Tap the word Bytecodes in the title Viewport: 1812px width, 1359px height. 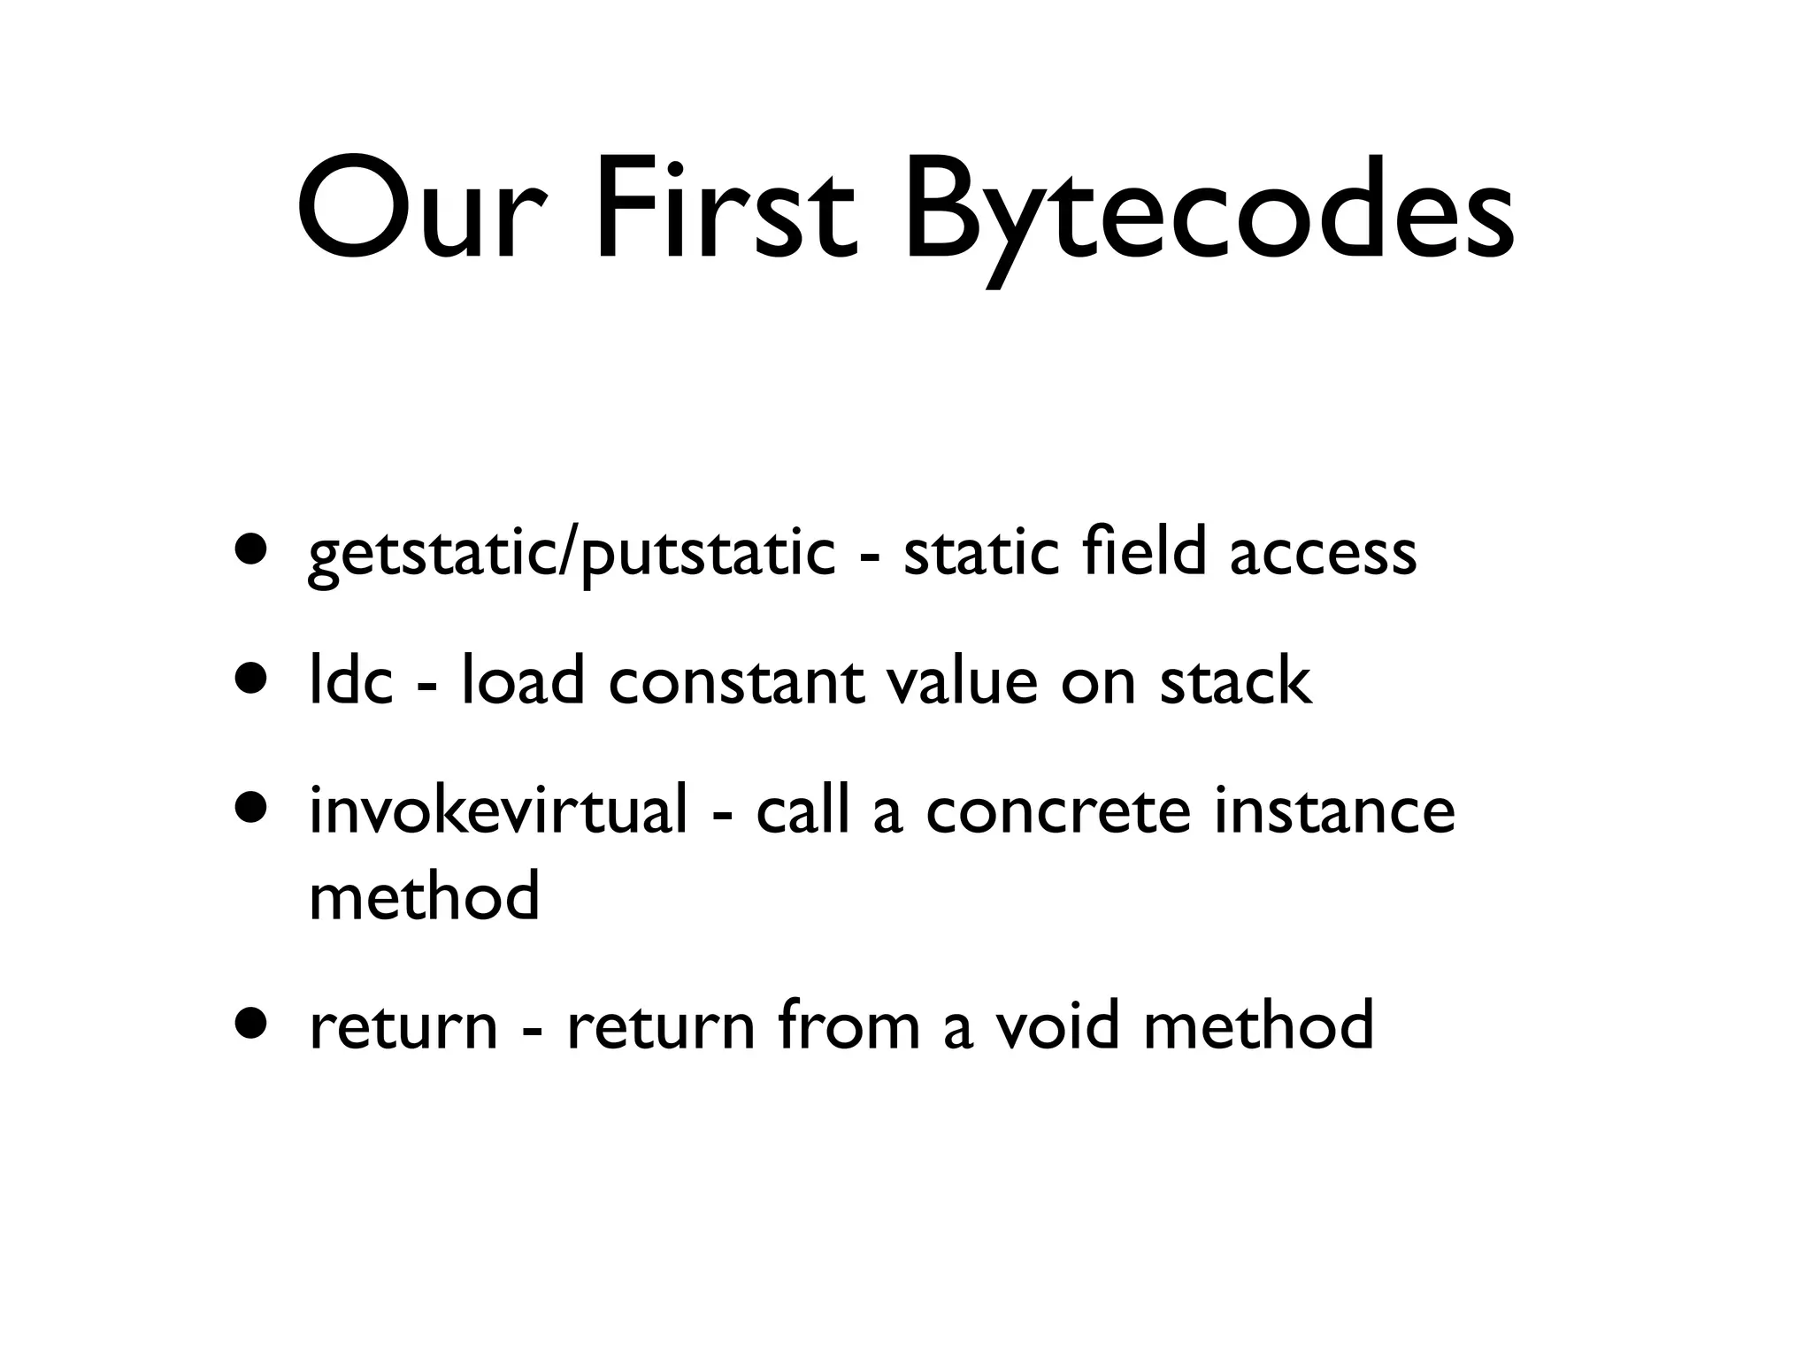(x=1209, y=217)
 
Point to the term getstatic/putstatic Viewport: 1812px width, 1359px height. (x=572, y=553)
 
